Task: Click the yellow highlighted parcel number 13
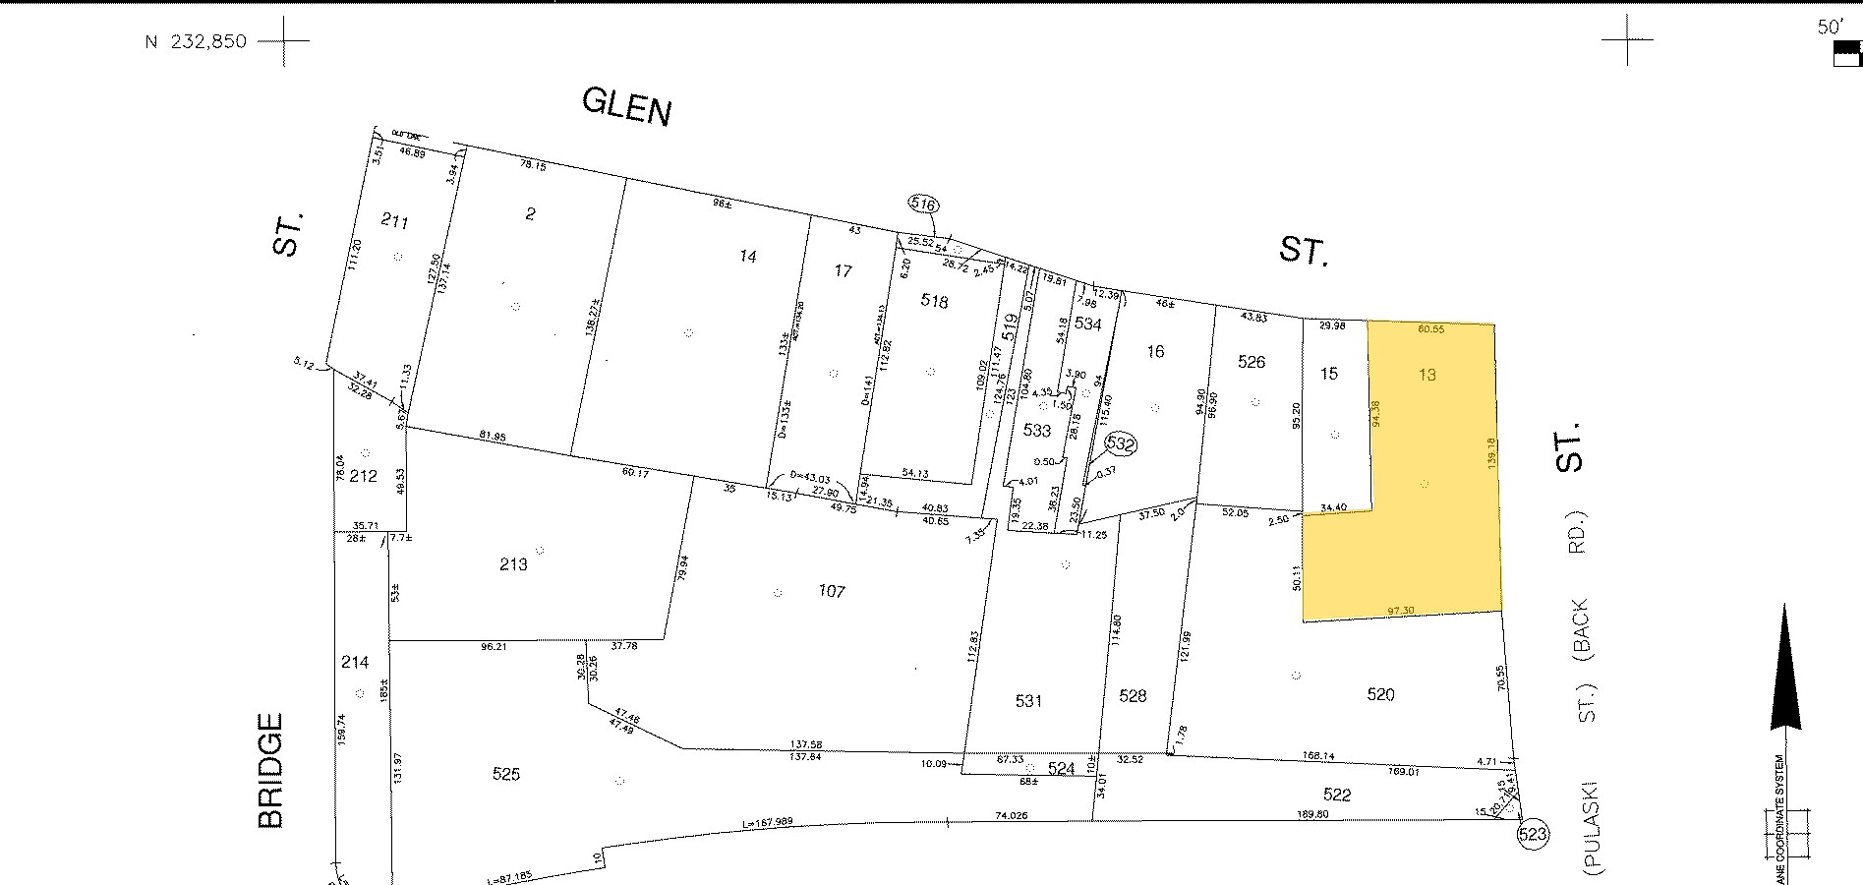1427,375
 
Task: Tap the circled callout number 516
924,205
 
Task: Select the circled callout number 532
1120,445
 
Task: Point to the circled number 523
1533,835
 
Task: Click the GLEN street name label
626,105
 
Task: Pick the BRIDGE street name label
270,771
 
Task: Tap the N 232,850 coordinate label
196,42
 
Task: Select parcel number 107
832,591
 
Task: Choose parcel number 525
505,774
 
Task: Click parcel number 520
1380,695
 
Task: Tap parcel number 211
394,222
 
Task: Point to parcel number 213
513,563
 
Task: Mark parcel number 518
934,301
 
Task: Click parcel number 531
1027,701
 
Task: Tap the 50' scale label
1829,28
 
